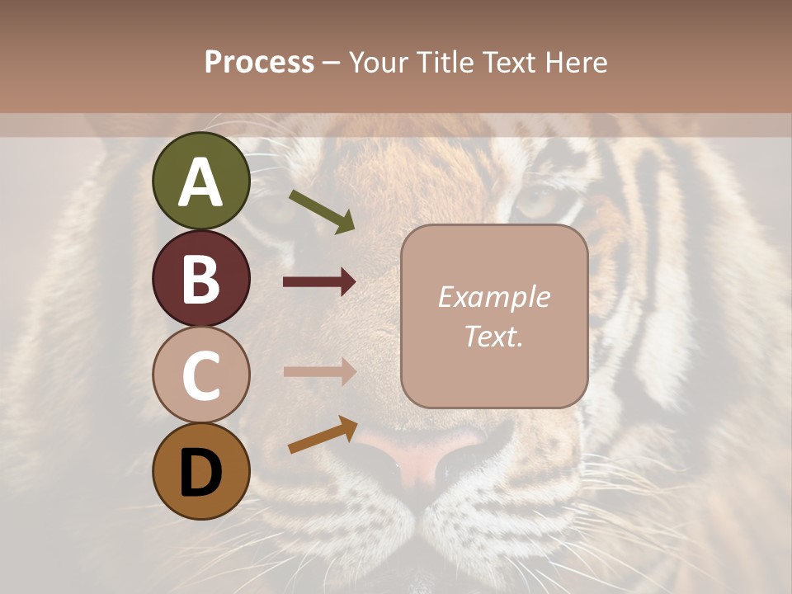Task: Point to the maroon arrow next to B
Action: click(319, 282)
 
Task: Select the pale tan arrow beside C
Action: click(319, 371)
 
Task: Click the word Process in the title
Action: click(259, 63)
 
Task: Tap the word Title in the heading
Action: click(444, 63)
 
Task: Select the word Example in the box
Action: click(493, 297)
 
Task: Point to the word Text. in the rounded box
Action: click(493, 336)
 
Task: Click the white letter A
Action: click(201, 183)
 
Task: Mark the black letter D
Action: click(201, 474)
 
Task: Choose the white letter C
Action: click(201, 376)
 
